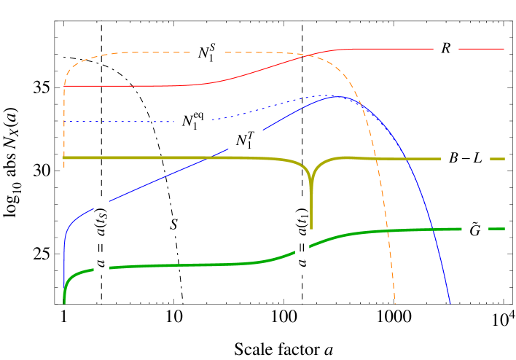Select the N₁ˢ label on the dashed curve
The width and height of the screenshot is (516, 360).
206,52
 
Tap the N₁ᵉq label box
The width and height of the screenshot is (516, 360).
193,120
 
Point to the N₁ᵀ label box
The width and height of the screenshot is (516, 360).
245,140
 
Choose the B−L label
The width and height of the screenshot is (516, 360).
466,158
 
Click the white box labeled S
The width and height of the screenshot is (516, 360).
173,224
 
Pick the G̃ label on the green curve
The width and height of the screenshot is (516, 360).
475,229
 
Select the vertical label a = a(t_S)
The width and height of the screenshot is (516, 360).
101,237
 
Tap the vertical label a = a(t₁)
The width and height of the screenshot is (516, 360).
302,237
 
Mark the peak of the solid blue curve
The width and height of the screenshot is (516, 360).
336,96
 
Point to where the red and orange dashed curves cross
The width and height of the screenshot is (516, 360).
311,55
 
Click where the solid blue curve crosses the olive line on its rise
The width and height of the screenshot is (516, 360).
210,157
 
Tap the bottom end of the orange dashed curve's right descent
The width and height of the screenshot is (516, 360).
395,302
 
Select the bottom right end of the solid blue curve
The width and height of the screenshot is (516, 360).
450,302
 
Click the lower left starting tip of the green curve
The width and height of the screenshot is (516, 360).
64,302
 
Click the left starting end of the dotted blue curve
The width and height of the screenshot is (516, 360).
66,122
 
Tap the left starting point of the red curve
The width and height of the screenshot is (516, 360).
65,86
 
